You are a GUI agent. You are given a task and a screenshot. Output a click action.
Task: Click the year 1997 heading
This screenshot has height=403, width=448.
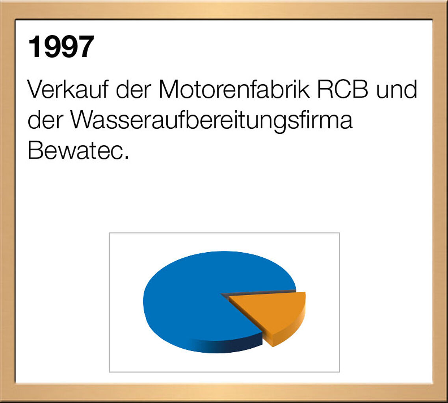pos(61,47)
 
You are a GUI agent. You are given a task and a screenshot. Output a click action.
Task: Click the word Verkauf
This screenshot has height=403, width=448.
pos(68,89)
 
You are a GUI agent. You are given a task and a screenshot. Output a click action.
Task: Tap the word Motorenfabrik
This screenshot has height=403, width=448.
pos(234,89)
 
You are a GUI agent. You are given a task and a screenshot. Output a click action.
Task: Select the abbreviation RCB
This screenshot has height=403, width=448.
pos(342,89)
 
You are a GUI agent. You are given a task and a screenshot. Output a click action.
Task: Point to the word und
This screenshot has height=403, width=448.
pos(396,89)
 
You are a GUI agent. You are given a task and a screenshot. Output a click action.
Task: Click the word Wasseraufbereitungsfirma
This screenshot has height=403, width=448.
pos(212,120)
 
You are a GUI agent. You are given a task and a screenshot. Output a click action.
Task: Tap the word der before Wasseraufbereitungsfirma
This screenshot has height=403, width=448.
pos(45,120)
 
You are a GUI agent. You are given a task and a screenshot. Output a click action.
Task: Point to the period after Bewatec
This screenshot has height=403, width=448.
pos(126,157)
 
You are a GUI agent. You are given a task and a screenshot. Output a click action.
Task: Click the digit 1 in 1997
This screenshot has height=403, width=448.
pos(35,47)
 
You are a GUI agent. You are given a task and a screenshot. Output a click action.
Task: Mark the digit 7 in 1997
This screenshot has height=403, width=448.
pos(86,47)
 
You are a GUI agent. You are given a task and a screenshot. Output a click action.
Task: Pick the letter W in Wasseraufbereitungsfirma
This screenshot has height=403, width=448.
pos(83,120)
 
